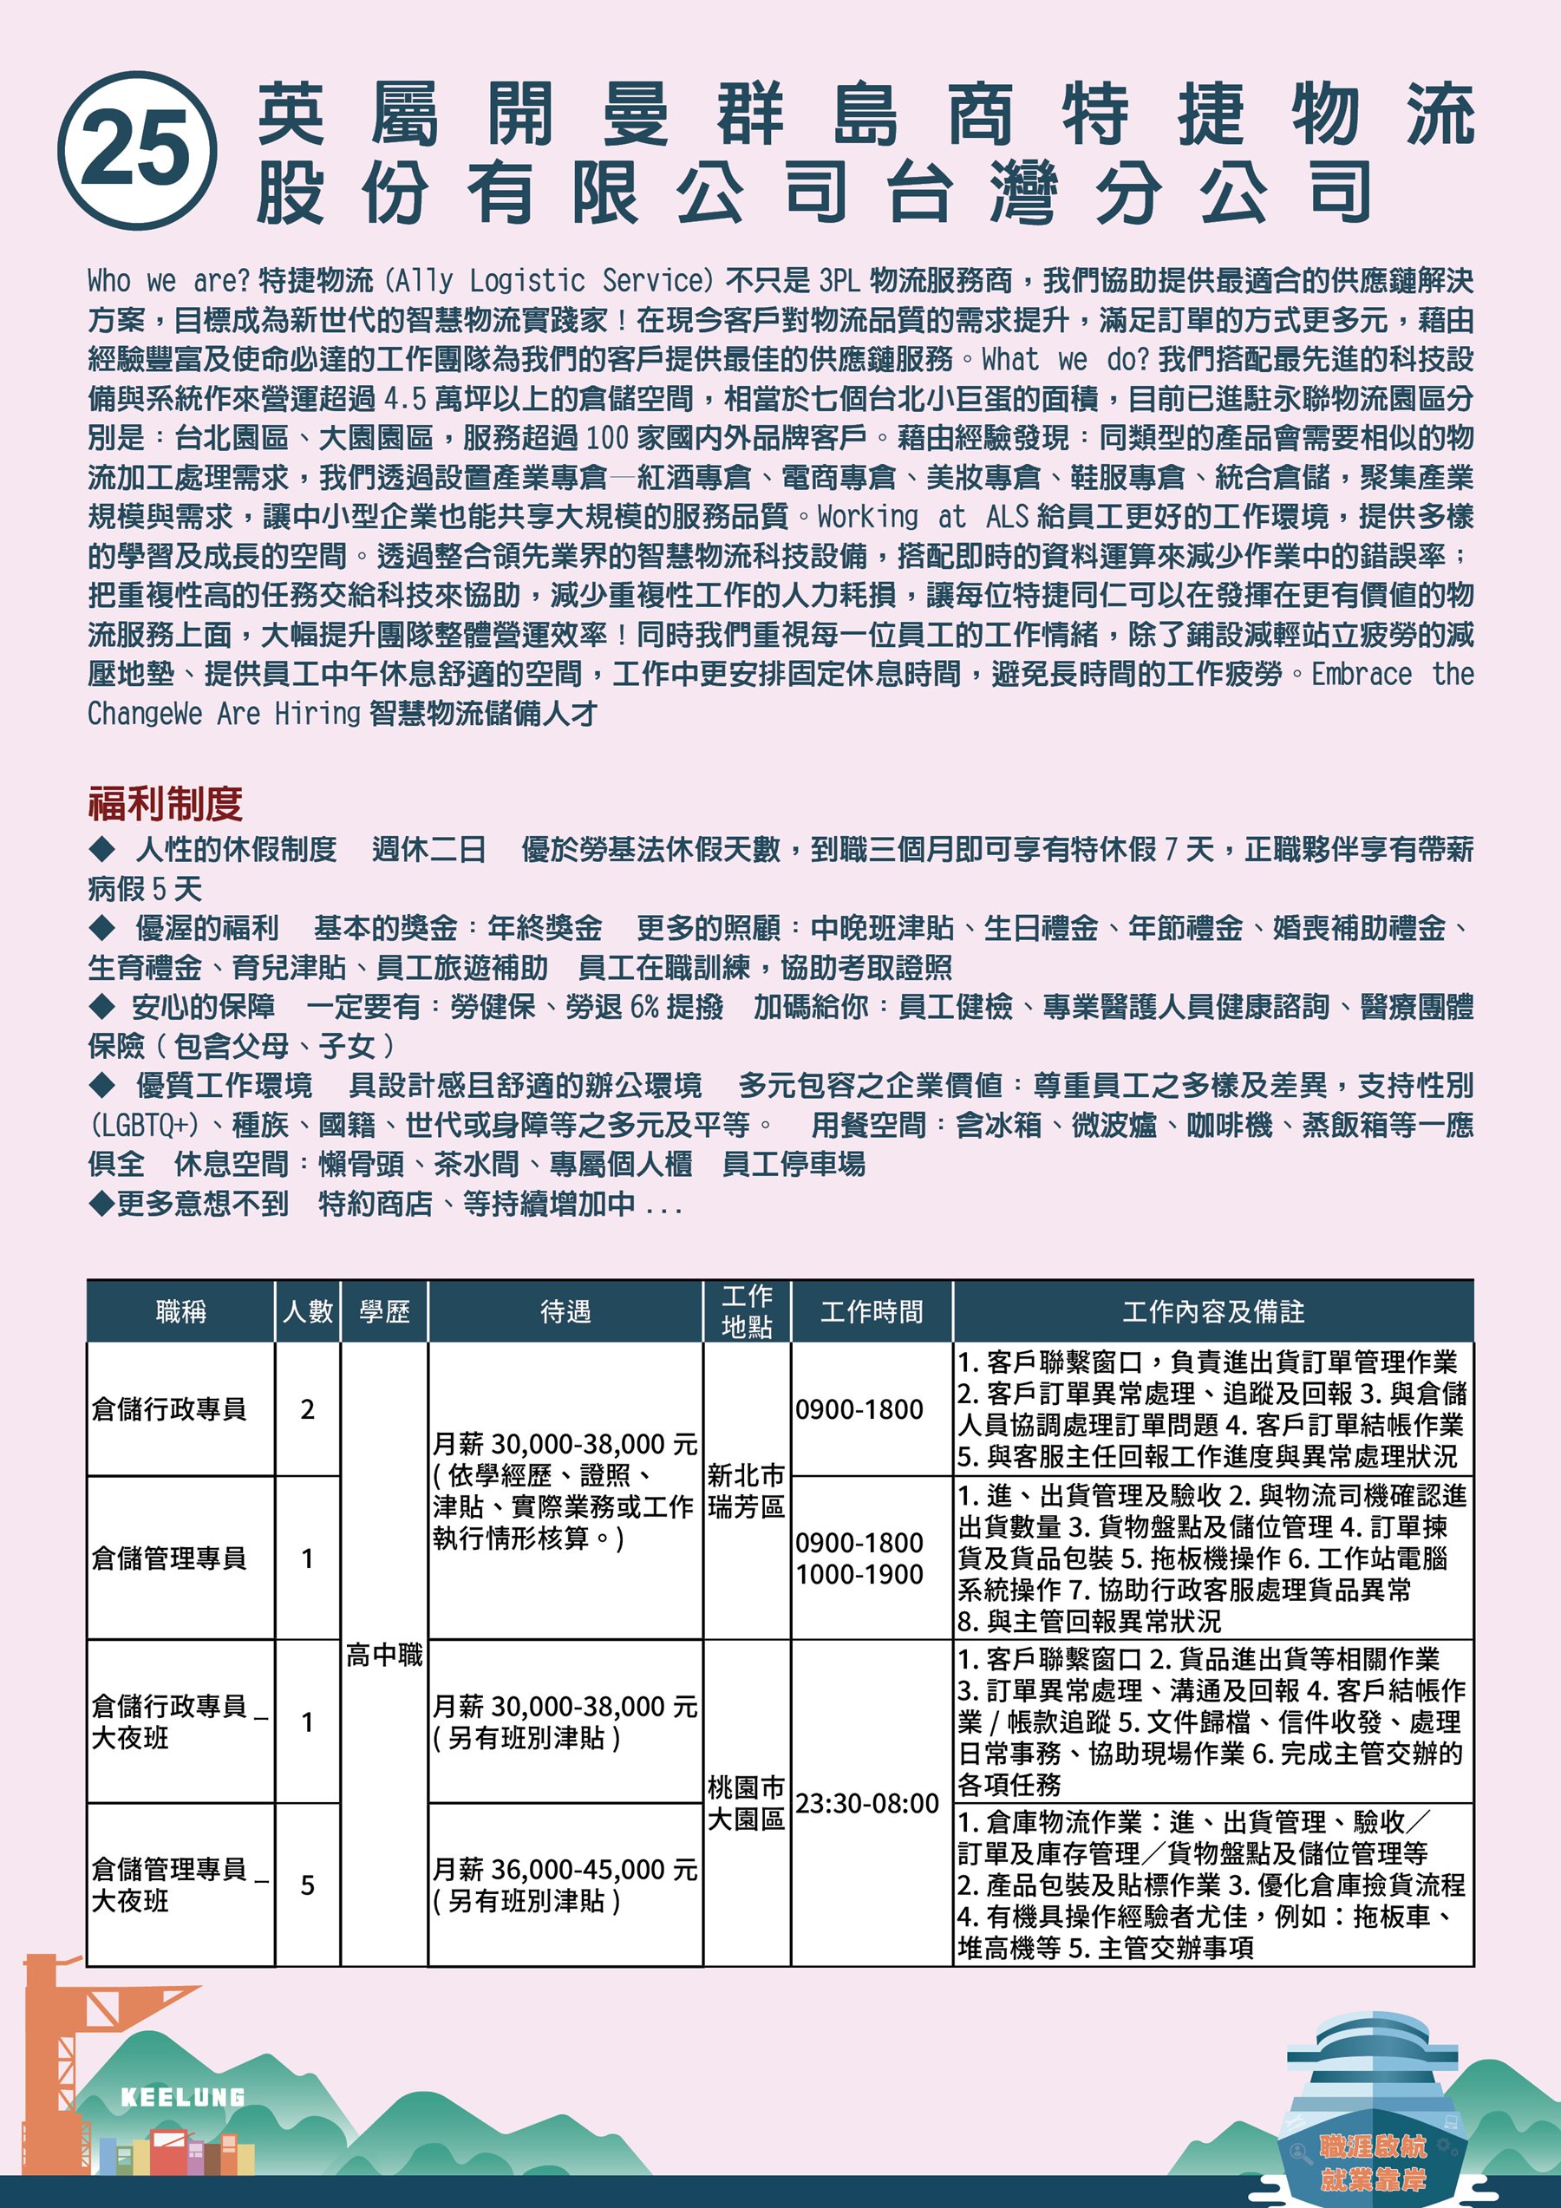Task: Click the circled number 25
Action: pos(136,150)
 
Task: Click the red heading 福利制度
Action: pos(165,803)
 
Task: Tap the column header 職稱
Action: pos(181,1310)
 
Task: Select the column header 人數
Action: pos(308,1310)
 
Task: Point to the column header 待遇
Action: pos(565,1310)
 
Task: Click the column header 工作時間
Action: pos(872,1310)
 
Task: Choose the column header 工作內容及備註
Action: pos(1213,1310)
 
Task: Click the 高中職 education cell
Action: pos(384,1654)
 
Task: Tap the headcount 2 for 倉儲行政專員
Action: pos(308,1409)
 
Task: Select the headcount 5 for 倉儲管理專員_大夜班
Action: pos(308,1884)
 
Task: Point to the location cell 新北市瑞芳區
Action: pos(746,1491)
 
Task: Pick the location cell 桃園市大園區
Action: pos(746,1803)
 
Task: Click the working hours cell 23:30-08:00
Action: pos(866,1803)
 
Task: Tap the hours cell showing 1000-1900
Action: pos(859,1574)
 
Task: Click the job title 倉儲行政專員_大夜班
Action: pos(179,1721)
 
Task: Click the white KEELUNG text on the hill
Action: pos(183,2096)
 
